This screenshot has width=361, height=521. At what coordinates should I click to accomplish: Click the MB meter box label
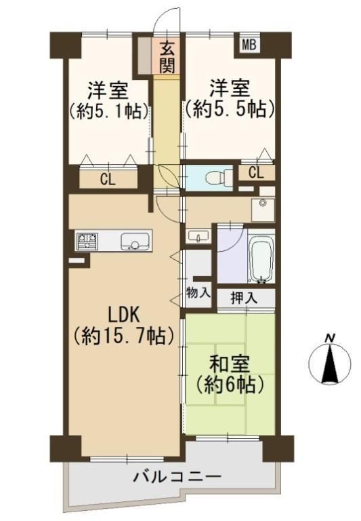(x=249, y=44)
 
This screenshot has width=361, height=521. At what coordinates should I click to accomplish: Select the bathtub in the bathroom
(x=262, y=259)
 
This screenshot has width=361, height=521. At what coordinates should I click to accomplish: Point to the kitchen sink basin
(x=135, y=241)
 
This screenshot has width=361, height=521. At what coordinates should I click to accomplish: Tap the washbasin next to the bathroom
(x=198, y=235)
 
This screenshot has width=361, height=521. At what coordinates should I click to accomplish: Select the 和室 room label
(x=229, y=364)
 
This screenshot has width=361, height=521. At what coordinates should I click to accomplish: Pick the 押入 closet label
(x=244, y=298)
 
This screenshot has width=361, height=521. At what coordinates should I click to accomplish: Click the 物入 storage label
(x=198, y=292)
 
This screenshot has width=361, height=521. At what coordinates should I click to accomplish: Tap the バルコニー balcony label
(x=177, y=478)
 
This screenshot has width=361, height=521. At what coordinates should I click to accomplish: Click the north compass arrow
(x=329, y=365)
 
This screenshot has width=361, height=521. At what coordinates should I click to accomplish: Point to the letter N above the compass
(x=329, y=339)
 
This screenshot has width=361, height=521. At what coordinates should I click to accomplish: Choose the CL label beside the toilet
(x=256, y=173)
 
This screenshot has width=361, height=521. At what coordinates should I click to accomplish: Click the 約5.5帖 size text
(x=230, y=109)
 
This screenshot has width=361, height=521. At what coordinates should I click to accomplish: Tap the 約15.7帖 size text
(x=123, y=336)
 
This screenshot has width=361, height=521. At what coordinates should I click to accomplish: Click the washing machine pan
(x=263, y=210)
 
